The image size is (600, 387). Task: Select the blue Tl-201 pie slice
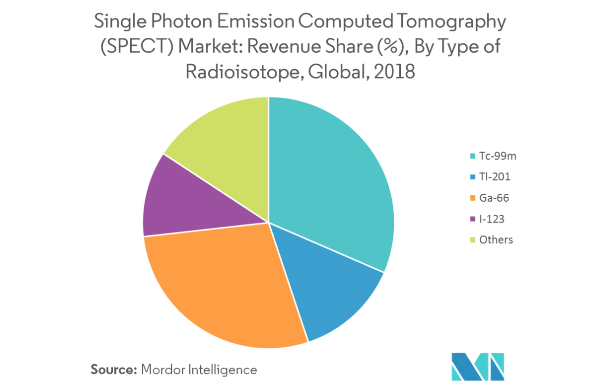pos(328,288)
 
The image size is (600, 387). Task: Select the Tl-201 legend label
pos(495,177)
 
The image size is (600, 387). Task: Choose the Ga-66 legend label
pos(494,198)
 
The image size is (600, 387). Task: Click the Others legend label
pos(496,240)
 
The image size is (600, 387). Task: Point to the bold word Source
pos(114,370)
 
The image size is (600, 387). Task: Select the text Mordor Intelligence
pos(199,370)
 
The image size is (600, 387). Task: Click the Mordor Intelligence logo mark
pos(478,366)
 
